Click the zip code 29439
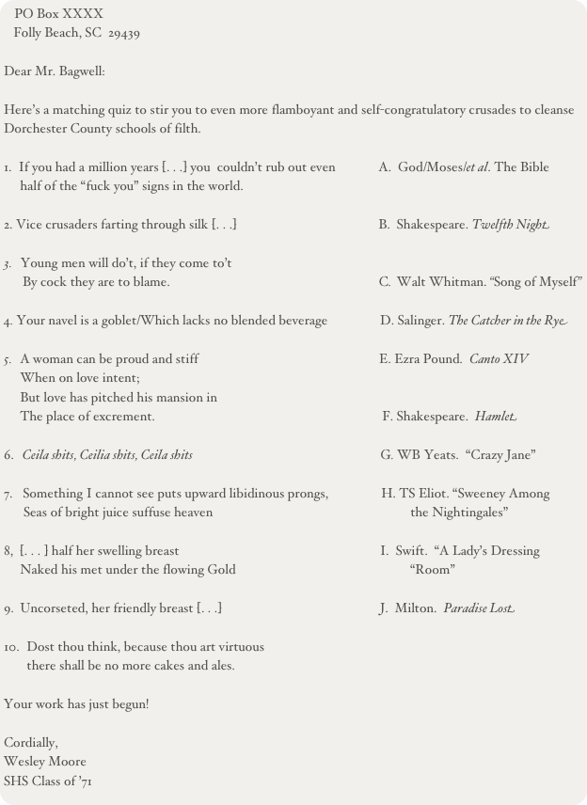[125, 33]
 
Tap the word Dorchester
[34, 128]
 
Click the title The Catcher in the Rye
[507, 322]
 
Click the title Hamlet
[498, 416]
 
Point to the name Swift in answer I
[410, 551]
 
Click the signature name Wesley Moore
[45, 761]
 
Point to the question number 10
[10, 647]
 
